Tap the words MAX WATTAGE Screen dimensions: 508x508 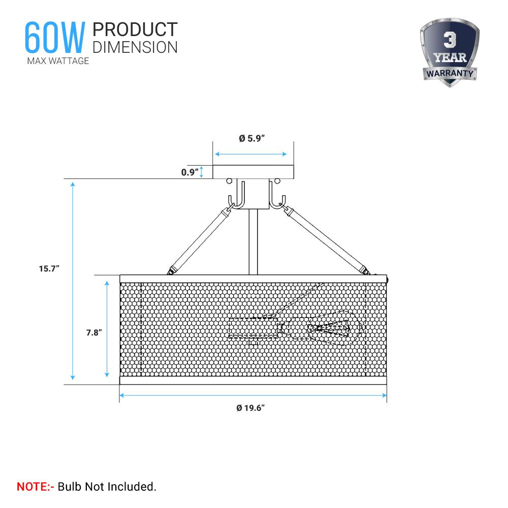58,61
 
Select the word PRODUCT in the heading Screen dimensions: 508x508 135,29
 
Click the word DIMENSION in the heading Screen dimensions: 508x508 135,47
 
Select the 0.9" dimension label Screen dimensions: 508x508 189,172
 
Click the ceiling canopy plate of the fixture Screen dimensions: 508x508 253,172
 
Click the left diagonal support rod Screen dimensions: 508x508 201,238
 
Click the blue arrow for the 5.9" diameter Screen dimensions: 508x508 251,154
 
